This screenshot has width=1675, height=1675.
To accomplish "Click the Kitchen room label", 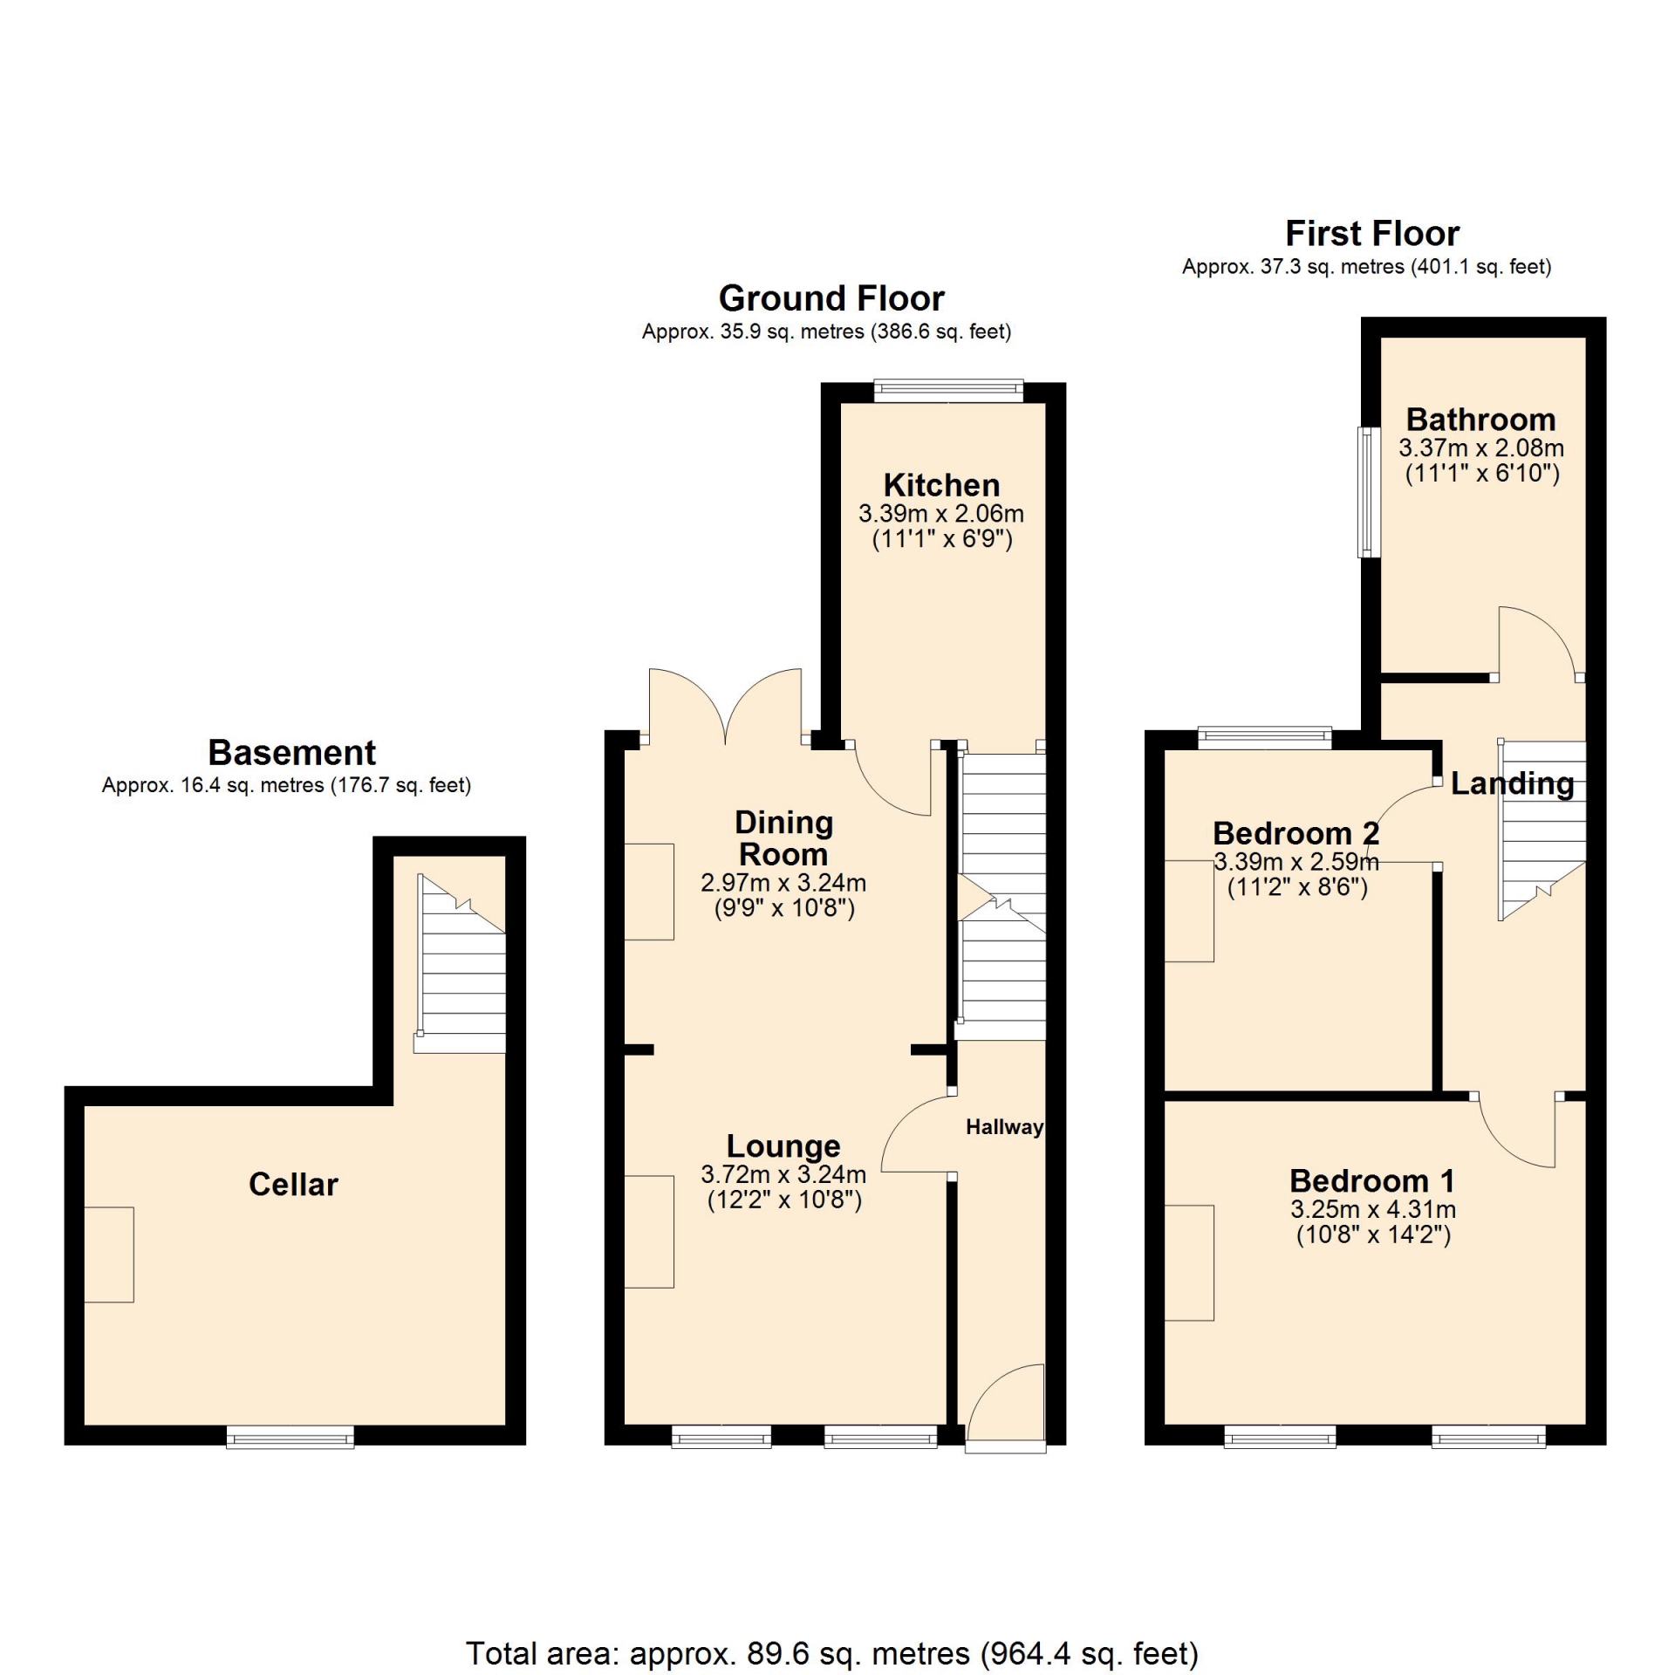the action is (x=941, y=485).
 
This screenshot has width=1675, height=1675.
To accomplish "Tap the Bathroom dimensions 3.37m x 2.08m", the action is (x=1481, y=448).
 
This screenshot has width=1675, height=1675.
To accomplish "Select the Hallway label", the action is (x=1004, y=1127).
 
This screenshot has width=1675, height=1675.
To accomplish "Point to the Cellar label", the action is (x=293, y=1185).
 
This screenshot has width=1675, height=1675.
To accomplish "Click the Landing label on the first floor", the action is (x=1513, y=783).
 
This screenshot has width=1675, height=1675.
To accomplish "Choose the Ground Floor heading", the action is (x=831, y=298).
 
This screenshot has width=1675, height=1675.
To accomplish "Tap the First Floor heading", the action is (x=1372, y=234).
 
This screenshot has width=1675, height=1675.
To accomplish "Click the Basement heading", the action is (x=292, y=752).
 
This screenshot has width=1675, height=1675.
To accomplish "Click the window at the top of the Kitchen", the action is (x=948, y=390).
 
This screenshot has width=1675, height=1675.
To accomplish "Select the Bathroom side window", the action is (x=1370, y=492).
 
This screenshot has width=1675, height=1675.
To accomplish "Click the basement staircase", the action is (x=460, y=963).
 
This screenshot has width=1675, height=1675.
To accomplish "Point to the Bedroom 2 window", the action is (x=1265, y=738).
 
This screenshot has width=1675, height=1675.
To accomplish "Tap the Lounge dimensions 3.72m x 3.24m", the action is (x=783, y=1174).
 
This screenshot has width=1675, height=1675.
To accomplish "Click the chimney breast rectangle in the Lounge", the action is (x=649, y=1232).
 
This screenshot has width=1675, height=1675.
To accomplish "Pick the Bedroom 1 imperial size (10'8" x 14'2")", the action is (x=1373, y=1235).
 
